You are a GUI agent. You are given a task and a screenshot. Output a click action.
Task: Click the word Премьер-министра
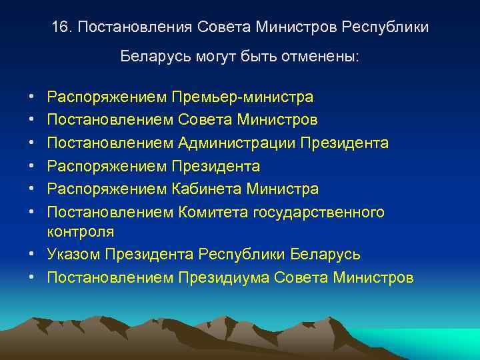pos(242,97)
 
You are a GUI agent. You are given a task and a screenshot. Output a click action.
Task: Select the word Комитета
pos(213,212)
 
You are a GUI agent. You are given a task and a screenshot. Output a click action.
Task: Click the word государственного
pos(319,212)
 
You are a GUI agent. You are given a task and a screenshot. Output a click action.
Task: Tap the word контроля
pos(80,232)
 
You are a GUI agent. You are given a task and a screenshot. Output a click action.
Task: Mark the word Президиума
pos(223,277)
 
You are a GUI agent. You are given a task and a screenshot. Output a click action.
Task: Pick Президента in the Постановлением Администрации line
pos(345,143)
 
